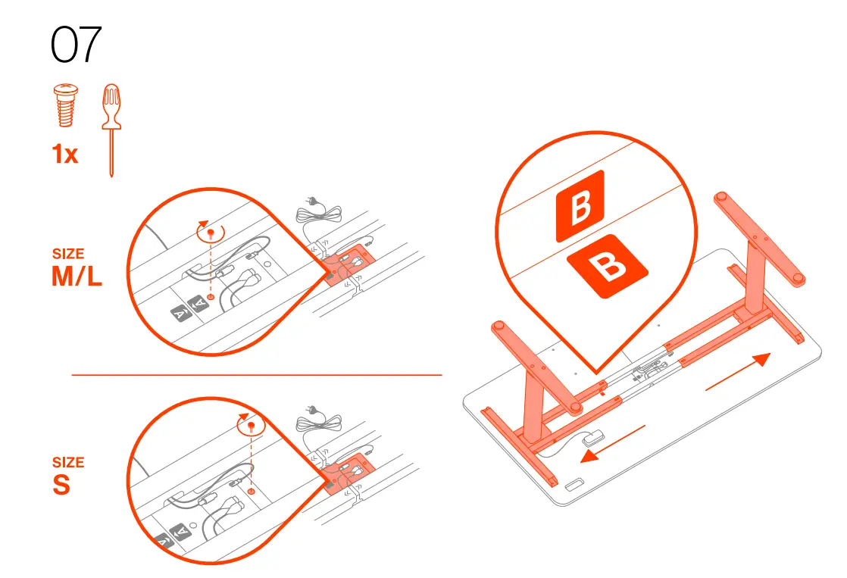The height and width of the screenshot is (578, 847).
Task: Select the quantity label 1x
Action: click(x=65, y=155)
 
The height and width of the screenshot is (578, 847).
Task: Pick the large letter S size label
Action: click(x=61, y=486)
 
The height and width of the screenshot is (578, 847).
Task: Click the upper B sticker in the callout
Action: click(x=580, y=205)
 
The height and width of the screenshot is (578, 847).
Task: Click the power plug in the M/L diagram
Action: click(x=308, y=202)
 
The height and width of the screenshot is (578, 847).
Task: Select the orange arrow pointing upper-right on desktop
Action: click(x=738, y=372)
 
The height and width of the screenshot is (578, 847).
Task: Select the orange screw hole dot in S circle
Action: click(x=251, y=490)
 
